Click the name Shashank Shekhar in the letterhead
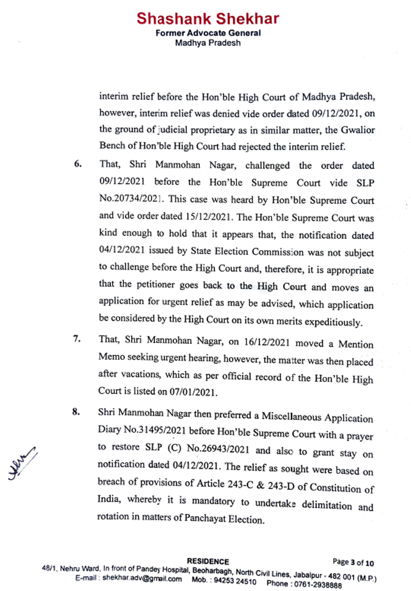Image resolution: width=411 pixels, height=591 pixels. [x=208, y=19]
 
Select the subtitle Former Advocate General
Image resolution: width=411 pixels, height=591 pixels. [x=208, y=33]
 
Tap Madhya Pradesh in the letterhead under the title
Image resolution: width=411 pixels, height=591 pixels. [x=208, y=42]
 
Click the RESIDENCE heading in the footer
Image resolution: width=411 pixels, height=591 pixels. [x=208, y=561]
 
